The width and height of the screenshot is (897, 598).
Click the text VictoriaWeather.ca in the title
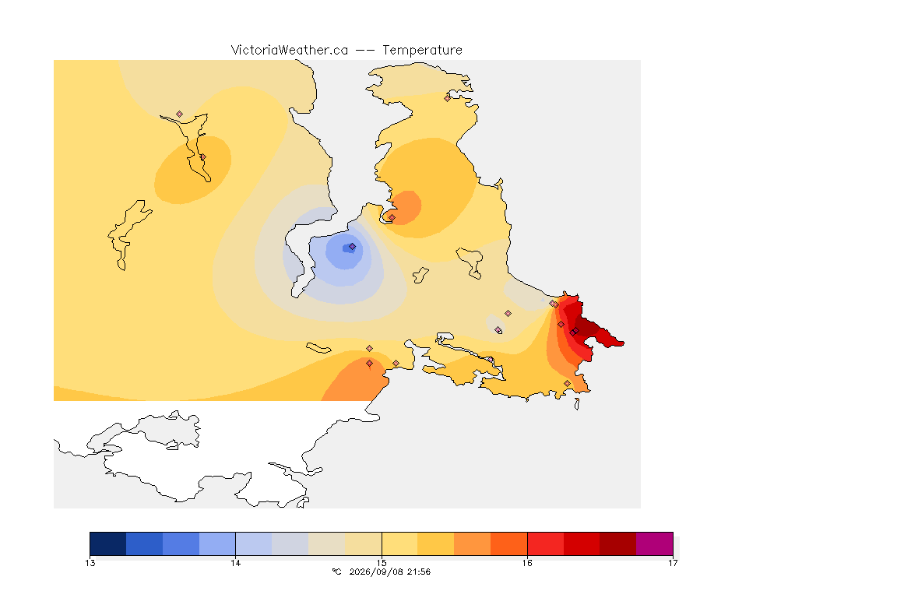[290, 50]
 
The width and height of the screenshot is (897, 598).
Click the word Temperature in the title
[422, 50]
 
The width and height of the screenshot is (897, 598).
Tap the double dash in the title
[365, 51]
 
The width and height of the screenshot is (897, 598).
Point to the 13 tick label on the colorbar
[90, 563]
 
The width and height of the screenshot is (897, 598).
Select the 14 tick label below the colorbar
[236, 563]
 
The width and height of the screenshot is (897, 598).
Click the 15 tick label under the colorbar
[382, 563]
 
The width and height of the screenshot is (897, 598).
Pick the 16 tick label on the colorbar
[527, 563]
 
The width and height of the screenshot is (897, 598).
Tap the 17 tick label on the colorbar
[673, 563]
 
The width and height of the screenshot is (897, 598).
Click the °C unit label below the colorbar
[337, 572]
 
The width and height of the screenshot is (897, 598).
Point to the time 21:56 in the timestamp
[419, 572]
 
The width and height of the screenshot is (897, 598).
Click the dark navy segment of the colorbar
[108, 543]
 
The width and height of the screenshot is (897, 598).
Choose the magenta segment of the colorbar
[654, 543]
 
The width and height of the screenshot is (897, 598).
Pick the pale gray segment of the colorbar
[290, 543]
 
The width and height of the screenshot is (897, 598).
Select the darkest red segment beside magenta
[617, 543]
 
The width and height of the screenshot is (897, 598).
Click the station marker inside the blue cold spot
[353, 247]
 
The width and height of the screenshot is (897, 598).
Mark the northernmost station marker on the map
[448, 98]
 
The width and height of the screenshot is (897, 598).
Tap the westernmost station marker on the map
[180, 114]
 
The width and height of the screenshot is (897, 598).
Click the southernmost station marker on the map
[567, 383]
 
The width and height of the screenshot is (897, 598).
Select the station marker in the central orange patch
[392, 217]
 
